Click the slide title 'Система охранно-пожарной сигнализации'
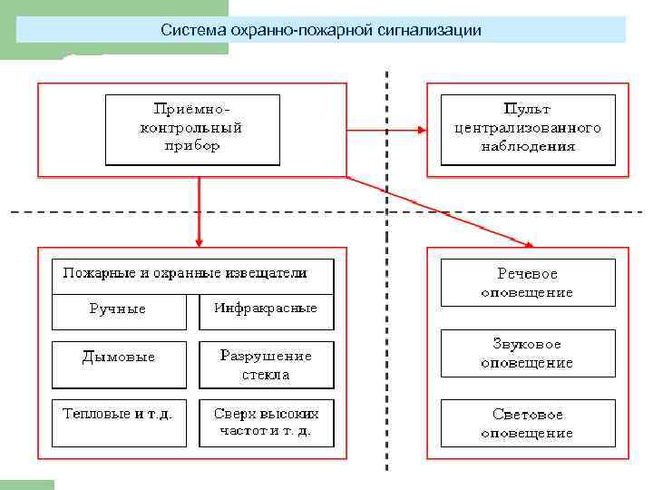pos(320,30)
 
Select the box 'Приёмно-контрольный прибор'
pos(191,129)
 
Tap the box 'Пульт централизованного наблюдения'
pos(527,129)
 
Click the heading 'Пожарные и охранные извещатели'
pos(185,272)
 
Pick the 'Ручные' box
pos(117,309)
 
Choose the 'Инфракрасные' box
pos(266,309)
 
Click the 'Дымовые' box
pos(118,357)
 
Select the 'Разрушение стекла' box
pos(266,364)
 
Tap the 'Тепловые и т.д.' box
pos(117,414)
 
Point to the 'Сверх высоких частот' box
pos(266,422)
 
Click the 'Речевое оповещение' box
pos(527,283)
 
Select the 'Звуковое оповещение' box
pos(527,353)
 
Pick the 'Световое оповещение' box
pos(527,423)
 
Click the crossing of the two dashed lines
pos(387,212)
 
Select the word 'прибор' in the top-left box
pos(191,146)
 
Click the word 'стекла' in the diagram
pos(266,374)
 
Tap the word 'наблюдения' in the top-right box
pos(527,146)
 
